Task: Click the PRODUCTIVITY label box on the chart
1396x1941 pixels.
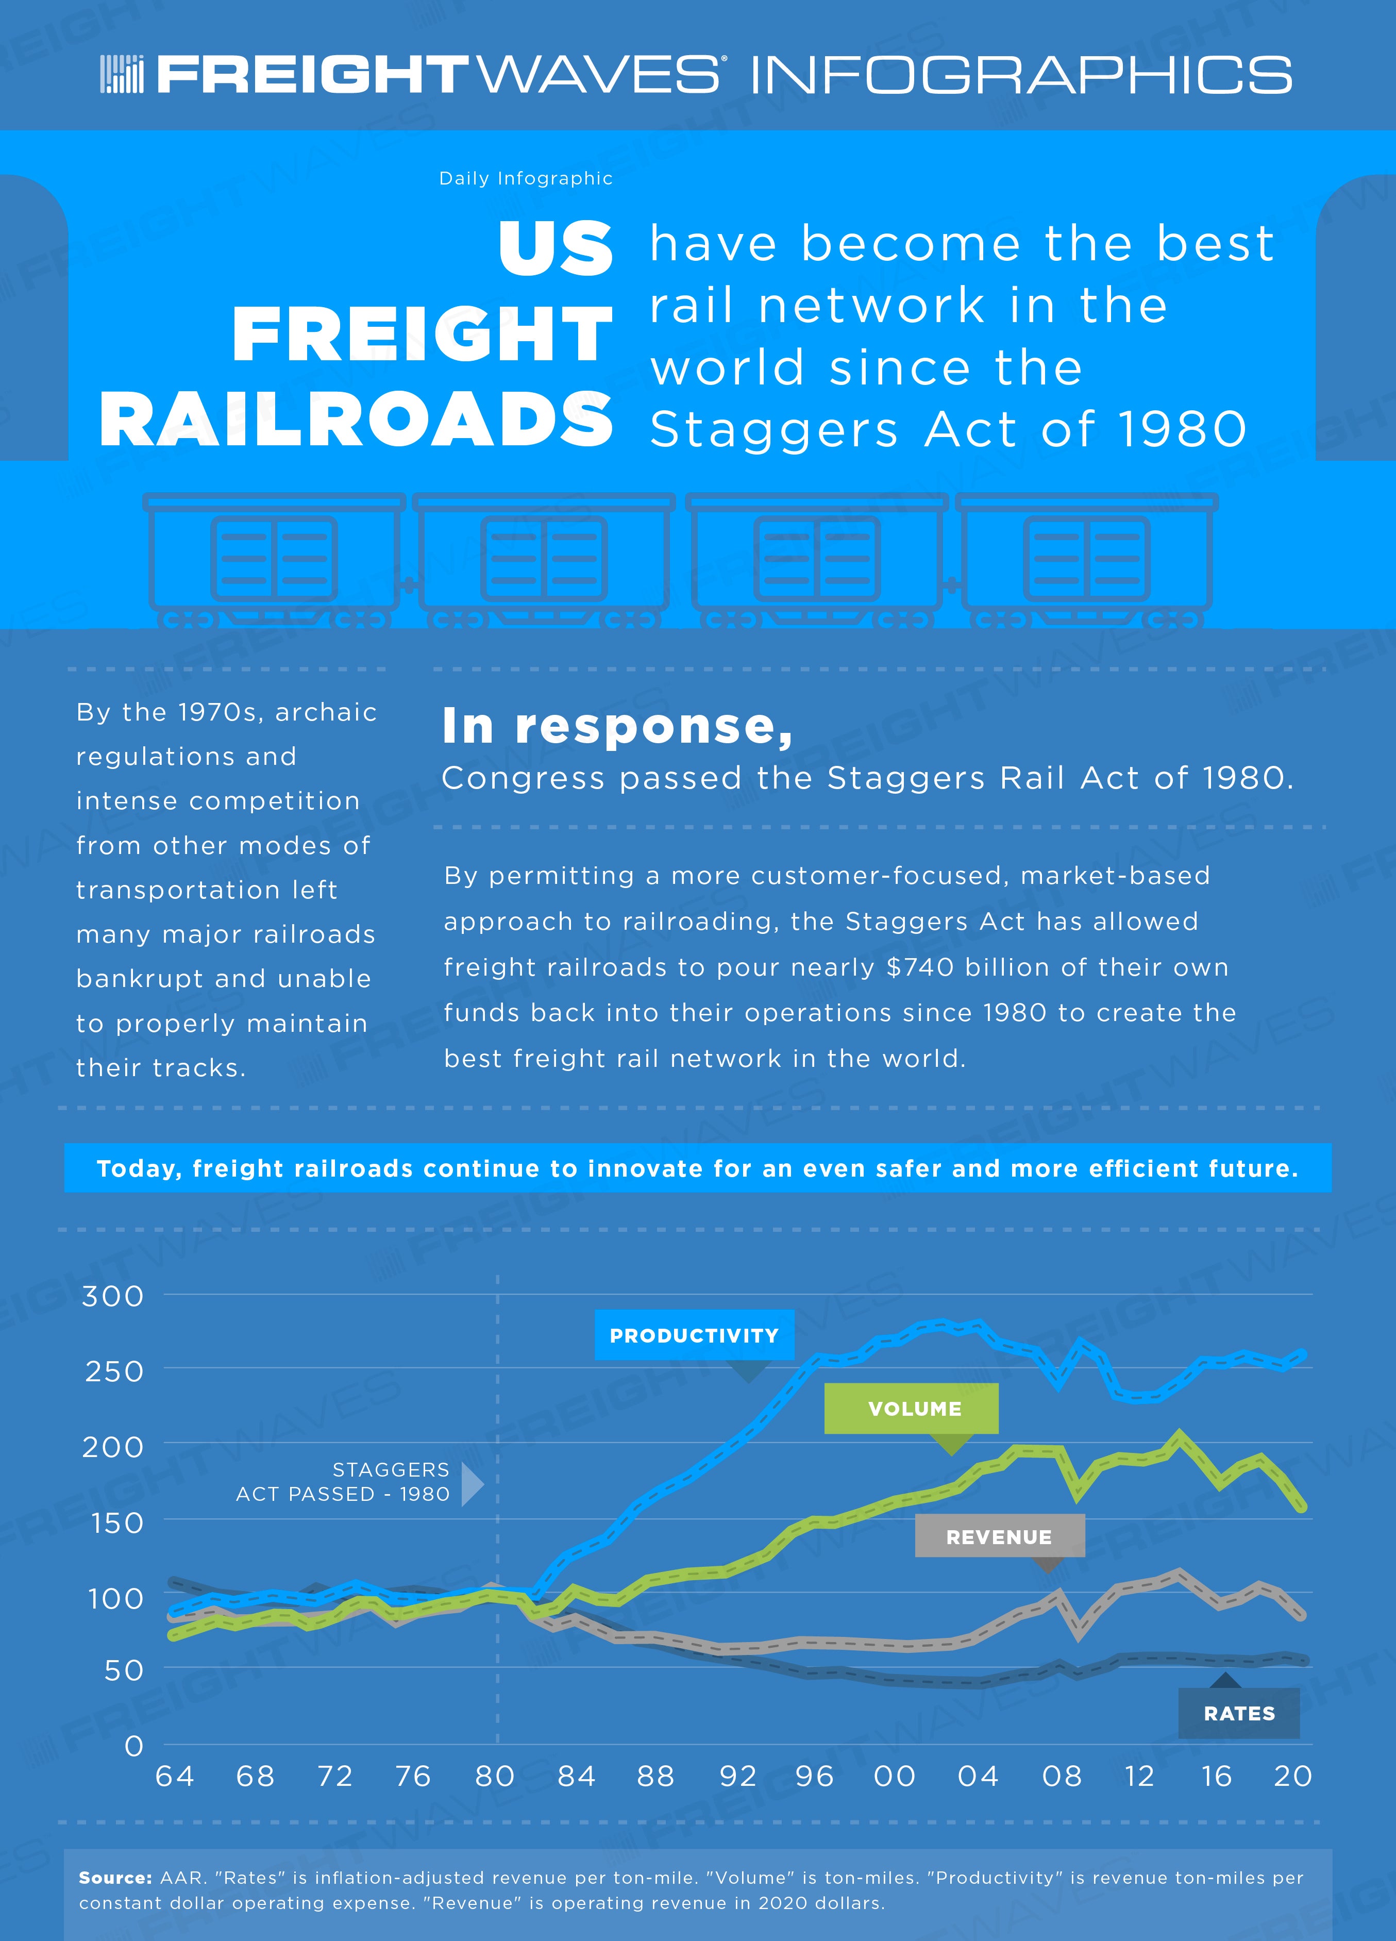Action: tap(694, 1335)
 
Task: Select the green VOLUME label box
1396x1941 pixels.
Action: tap(912, 1409)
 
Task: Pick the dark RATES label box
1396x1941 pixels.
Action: tap(1238, 1713)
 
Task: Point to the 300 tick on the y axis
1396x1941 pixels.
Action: tap(113, 1296)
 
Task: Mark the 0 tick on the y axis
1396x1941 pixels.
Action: tap(134, 1746)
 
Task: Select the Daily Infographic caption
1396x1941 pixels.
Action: tap(526, 178)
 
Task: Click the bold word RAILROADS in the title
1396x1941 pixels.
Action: tap(356, 420)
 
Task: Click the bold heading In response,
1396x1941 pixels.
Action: tap(617, 727)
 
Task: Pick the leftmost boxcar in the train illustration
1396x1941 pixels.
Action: tap(274, 561)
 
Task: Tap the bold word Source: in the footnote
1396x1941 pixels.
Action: tap(115, 1878)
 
